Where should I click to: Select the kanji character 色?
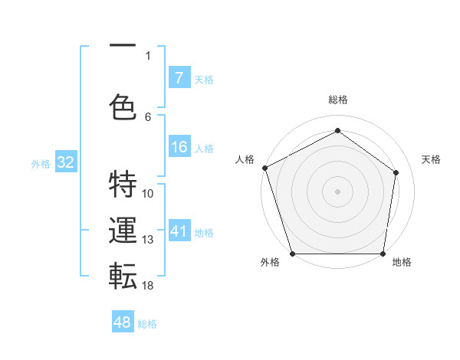pyautogui.click(x=123, y=106)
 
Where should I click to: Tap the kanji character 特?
pyautogui.click(x=123, y=184)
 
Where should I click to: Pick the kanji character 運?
pyautogui.click(x=123, y=231)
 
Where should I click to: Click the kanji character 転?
pyautogui.click(x=123, y=277)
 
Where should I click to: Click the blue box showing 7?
pyautogui.click(x=179, y=77)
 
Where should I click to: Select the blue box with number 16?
pyautogui.click(x=179, y=147)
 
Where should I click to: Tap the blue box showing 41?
pyautogui.click(x=179, y=231)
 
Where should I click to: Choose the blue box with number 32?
pyautogui.click(x=65, y=162)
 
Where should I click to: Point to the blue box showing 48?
pyautogui.click(x=123, y=322)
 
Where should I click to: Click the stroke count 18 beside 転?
pyautogui.click(x=148, y=285)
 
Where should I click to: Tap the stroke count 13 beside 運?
pyautogui.click(x=148, y=240)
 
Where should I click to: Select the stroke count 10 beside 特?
pyautogui.click(x=148, y=193)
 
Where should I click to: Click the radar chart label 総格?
pyautogui.click(x=337, y=100)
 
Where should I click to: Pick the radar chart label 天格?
pyautogui.click(x=432, y=159)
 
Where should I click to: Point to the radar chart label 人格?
pyautogui.click(x=245, y=159)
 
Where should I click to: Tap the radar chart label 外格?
pyautogui.click(x=270, y=262)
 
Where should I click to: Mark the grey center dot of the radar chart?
pyautogui.click(x=337, y=191)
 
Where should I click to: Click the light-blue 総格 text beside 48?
pyautogui.click(x=147, y=324)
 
